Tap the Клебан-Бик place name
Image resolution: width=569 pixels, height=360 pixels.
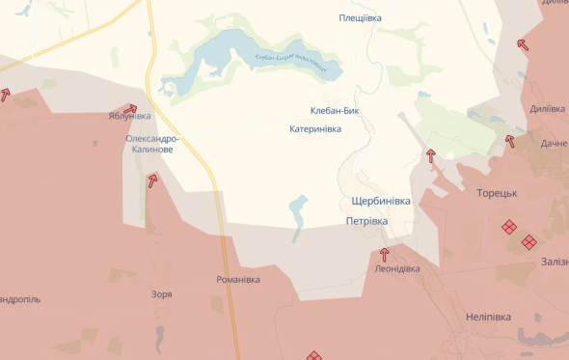334,111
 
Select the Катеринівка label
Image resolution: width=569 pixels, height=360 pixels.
315,128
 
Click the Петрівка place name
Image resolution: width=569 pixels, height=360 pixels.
366,221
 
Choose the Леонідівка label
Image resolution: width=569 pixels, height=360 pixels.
396,269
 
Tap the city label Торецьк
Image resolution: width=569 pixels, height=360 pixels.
498,193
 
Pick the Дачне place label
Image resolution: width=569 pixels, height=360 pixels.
554,144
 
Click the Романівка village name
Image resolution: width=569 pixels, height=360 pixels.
238,280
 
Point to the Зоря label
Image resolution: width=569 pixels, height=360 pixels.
162,294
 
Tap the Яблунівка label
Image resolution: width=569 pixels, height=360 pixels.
129,117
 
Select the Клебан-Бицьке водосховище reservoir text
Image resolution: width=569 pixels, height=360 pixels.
290,65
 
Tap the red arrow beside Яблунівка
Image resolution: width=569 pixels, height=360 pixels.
131,108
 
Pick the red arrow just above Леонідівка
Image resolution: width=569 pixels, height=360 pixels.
385,255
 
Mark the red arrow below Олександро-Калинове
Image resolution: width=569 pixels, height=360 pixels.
152,180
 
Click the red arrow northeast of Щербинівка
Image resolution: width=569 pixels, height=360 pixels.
430,154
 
